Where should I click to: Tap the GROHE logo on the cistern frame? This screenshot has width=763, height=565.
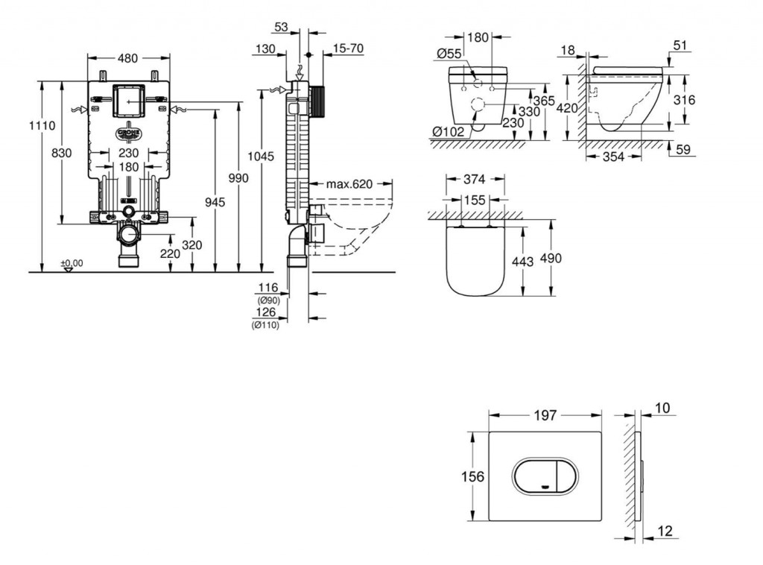click(128, 134)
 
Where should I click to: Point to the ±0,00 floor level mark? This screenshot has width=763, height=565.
click(72, 263)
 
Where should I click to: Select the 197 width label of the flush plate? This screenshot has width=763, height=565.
click(545, 415)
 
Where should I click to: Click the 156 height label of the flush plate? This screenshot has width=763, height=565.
click(474, 476)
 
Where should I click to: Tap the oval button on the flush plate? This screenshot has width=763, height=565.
click(544, 474)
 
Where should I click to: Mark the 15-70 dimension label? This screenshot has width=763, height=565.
click(347, 48)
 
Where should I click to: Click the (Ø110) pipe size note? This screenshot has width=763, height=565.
click(265, 325)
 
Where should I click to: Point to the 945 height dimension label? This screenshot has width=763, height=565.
click(215, 202)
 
